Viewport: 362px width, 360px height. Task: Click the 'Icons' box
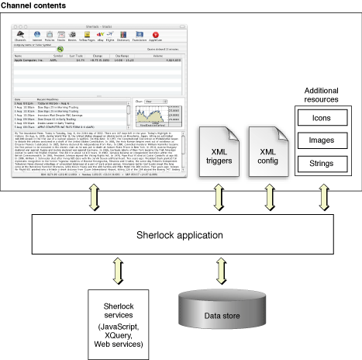pyautogui.click(x=320, y=120)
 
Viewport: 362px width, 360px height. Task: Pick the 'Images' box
pyautogui.click(x=320, y=141)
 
